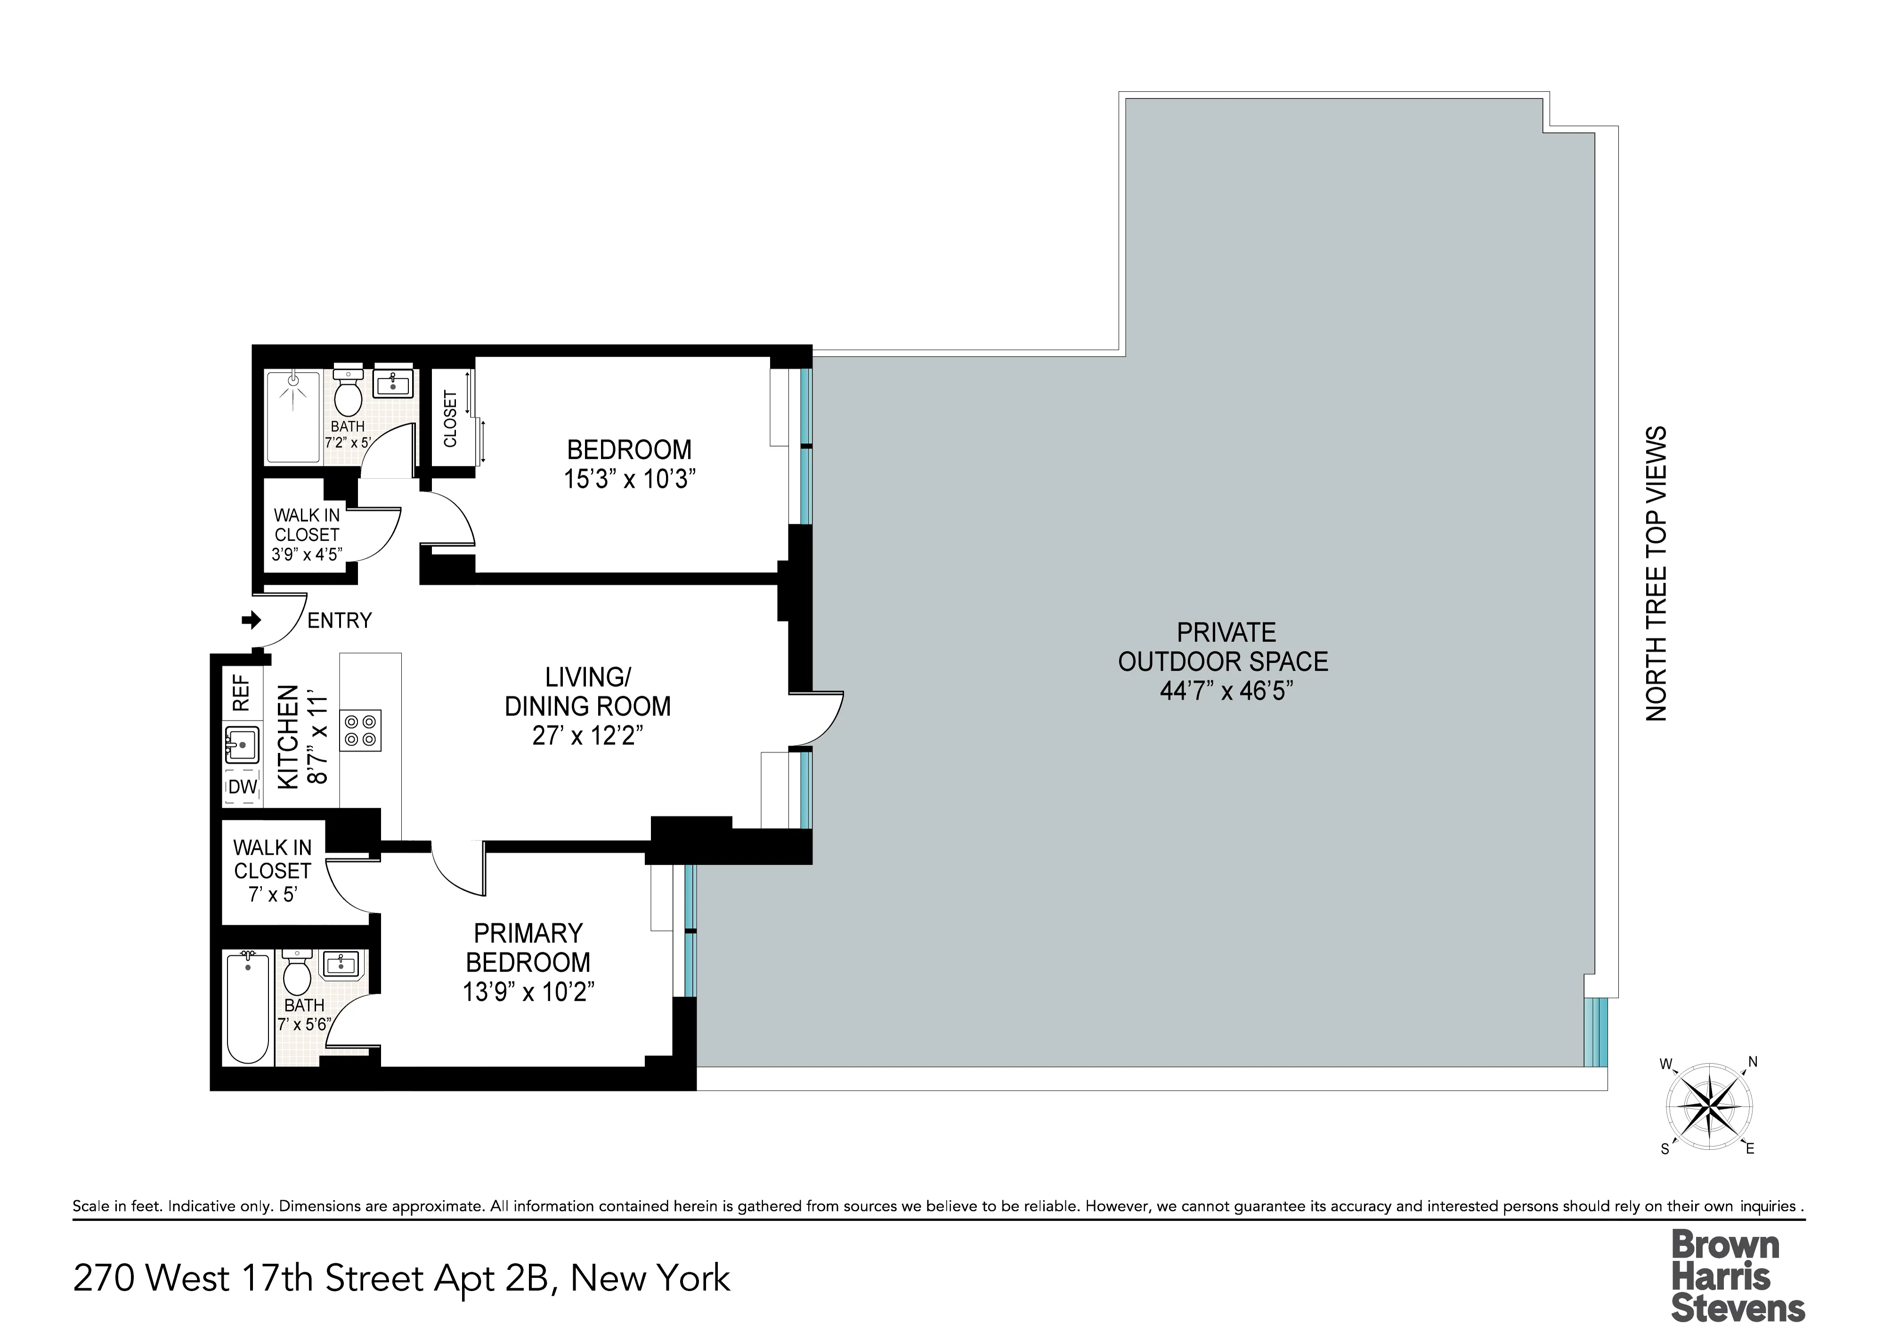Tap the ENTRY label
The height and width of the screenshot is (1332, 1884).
tap(339, 621)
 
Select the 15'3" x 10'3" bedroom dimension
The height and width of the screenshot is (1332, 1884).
tap(629, 479)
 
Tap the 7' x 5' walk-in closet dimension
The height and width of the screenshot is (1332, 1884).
tap(272, 894)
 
